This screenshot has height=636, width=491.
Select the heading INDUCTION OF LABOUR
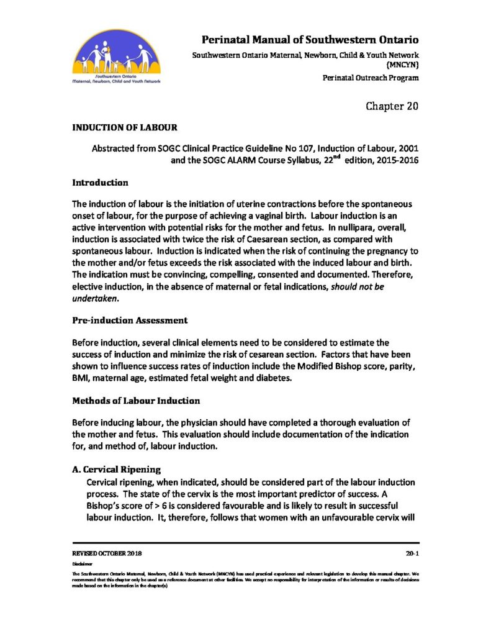(125, 128)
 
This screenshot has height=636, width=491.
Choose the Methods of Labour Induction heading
(137, 401)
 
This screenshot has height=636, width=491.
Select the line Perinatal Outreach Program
(371, 78)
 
